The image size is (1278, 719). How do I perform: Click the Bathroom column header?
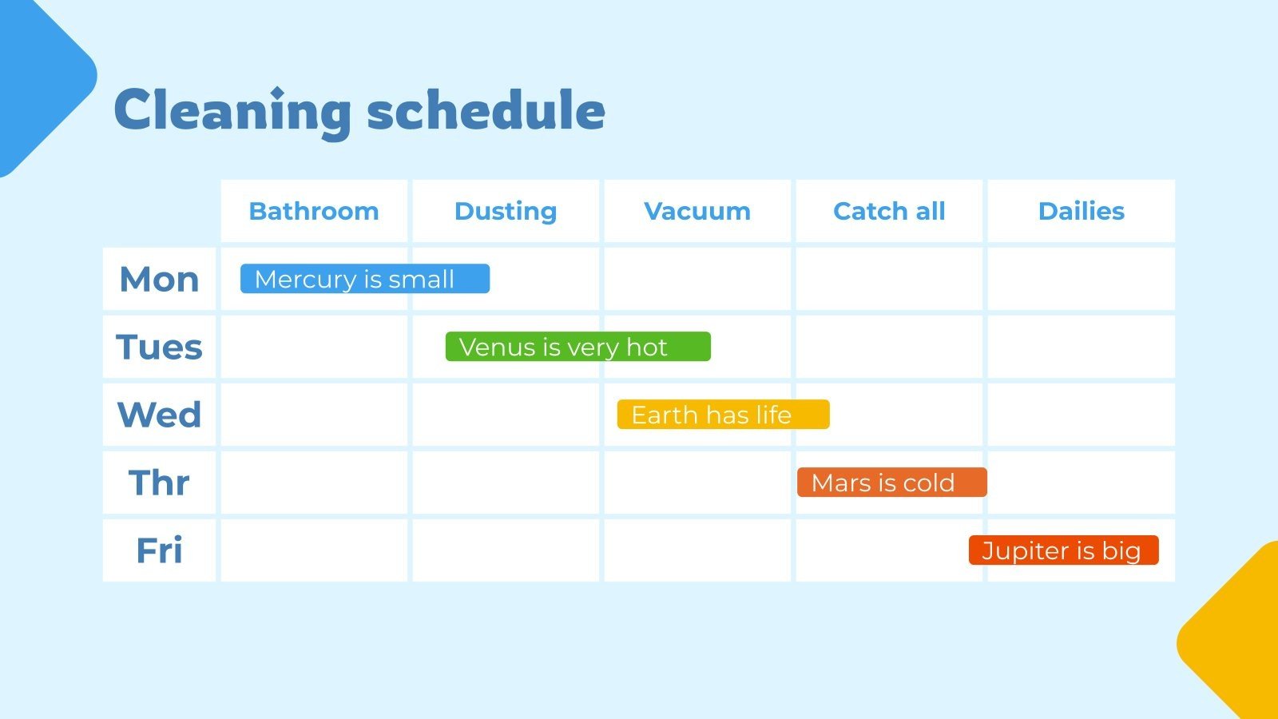pyautogui.click(x=314, y=211)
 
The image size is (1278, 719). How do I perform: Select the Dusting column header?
pyautogui.click(x=506, y=212)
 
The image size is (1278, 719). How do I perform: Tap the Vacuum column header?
pyautogui.click(x=697, y=211)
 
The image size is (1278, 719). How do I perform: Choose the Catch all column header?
pyautogui.click(x=889, y=211)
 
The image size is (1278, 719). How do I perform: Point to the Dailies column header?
pyautogui.click(x=1082, y=211)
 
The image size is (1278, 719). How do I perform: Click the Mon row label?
pyautogui.click(x=159, y=279)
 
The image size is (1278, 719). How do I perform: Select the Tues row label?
pyautogui.click(x=159, y=347)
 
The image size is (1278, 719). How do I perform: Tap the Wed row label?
pyautogui.click(x=159, y=415)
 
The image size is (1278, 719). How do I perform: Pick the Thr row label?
pyautogui.click(x=159, y=483)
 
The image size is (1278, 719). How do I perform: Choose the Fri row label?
pyautogui.click(x=159, y=550)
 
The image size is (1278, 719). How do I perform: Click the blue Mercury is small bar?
pyautogui.click(x=365, y=279)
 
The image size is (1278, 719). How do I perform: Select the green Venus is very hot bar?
pyautogui.click(x=578, y=347)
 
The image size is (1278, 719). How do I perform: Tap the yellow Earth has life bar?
pyautogui.click(x=724, y=415)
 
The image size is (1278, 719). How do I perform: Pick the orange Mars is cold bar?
pyautogui.click(x=891, y=483)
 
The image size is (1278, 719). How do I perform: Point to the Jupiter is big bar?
pyautogui.click(x=1063, y=550)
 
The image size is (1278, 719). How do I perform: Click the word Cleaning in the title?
pyautogui.click(x=232, y=112)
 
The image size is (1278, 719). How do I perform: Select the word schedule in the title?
pyautogui.click(x=486, y=110)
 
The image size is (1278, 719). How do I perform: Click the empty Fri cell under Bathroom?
pyautogui.click(x=314, y=550)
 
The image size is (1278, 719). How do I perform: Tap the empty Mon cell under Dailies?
pyautogui.click(x=1082, y=279)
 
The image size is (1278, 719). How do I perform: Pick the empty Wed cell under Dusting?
pyautogui.click(x=506, y=415)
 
